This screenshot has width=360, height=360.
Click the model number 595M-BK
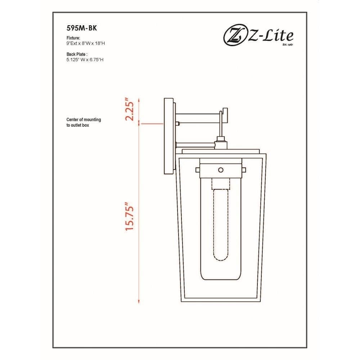point(82,28)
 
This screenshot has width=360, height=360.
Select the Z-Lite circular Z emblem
point(235,36)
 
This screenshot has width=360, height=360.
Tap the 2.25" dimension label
point(129,109)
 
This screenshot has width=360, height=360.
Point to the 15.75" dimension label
point(129,216)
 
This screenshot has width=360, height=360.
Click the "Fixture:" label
point(73,38)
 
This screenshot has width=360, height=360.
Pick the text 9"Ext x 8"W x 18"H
point(86,44)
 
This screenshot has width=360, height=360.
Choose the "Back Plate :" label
point(77,54)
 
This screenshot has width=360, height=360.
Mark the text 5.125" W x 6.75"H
point(85,60)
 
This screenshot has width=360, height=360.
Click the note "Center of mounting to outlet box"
point(84,122)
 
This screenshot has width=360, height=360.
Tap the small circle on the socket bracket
point(221,170)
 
